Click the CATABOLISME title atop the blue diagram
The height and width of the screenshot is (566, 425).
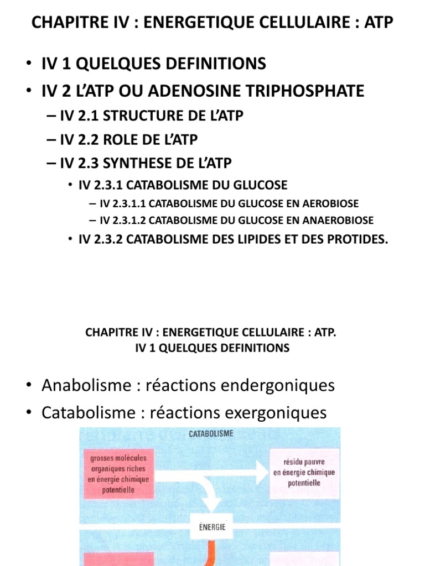(211, 434)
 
